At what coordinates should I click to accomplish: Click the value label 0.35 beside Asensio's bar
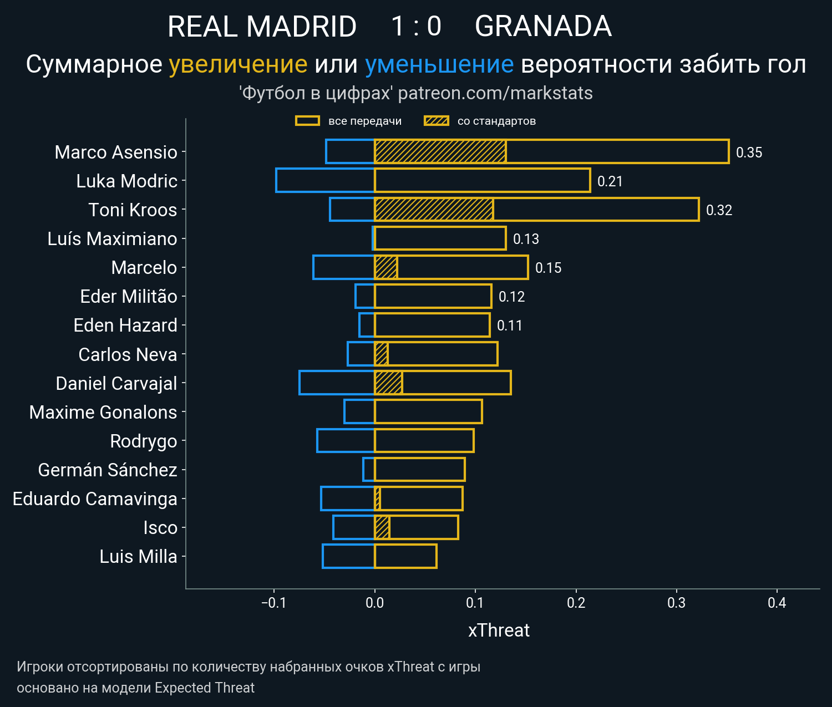[x=749, y=152]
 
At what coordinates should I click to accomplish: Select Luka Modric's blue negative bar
[x=325, y=181]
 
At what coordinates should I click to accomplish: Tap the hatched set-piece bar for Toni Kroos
[x=434, y=210]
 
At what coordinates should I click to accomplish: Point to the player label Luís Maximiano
[x=112, y=239]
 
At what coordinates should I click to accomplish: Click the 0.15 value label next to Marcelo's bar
[x=548, y=268]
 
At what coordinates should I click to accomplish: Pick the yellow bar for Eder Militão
[x=433, y=296]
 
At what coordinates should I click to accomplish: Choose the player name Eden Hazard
[x=125, y=325]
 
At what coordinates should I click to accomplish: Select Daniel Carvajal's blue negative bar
[x=337, y=383]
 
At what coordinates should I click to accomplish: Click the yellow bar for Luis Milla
[x=405, y=556]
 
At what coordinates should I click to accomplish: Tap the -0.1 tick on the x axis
[x=273, y=603]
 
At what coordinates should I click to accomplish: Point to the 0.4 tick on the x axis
[x=777, y=603]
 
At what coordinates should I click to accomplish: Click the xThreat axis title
[x=499, y=630]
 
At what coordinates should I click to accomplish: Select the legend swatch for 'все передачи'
[x=307, y=121]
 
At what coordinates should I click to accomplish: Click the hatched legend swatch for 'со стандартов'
[x=436, y=121]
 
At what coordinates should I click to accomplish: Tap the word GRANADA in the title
[x=543, y=27]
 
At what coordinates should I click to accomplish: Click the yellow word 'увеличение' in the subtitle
[x=238, y=64]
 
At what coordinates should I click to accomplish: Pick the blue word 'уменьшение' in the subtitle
[x=439, y=64]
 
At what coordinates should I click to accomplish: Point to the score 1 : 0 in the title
[x=416, y=27]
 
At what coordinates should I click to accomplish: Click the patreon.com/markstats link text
[x=495, y=93]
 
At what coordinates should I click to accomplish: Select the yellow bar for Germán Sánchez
[x=419, y=470]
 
